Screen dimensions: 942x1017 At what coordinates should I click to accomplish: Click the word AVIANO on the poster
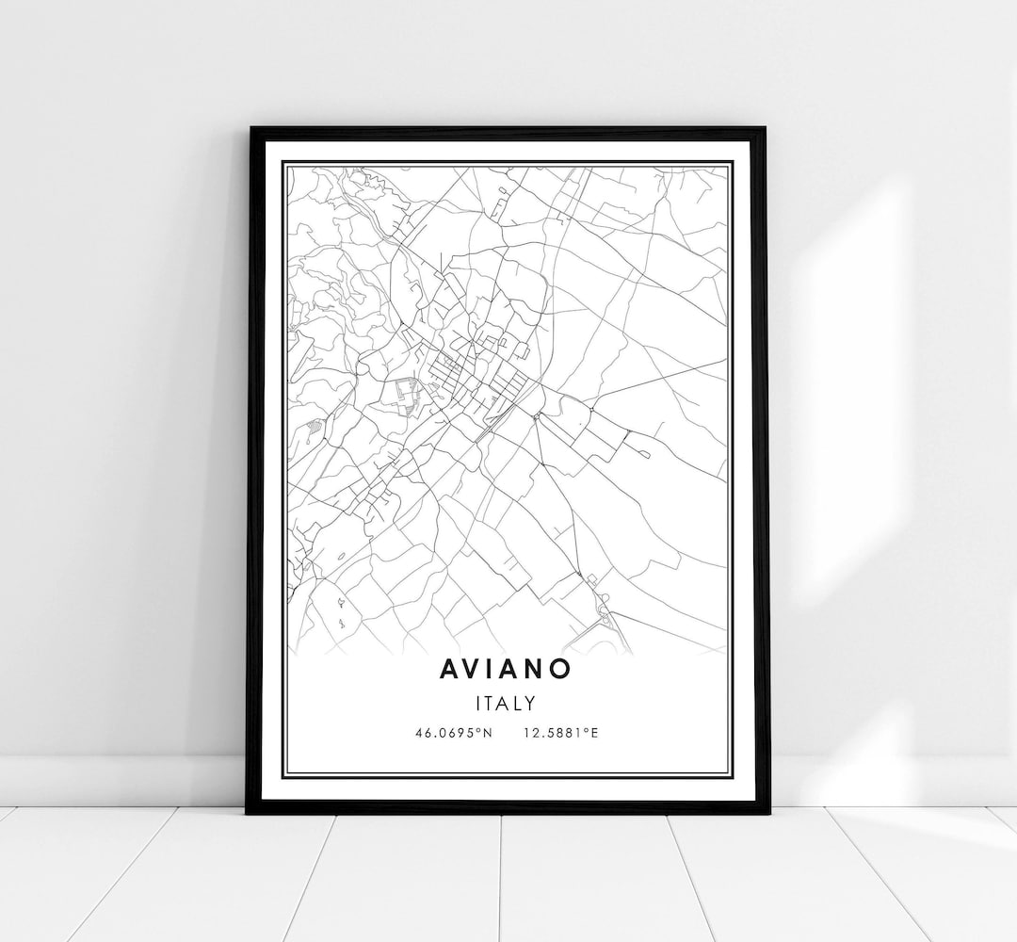(x=505, y=667)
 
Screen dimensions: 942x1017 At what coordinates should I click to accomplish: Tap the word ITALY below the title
(x=507, y=703)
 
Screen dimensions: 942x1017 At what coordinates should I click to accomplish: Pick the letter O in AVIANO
(x=560, y=667)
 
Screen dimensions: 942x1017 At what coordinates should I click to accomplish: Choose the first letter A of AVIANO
(x=450, y=667)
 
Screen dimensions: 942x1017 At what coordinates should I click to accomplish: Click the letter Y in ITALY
(x=530, y=703)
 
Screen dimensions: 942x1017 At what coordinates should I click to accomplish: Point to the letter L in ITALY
(x=519, y=703)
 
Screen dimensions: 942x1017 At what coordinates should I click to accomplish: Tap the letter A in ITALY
(x=507, y=703)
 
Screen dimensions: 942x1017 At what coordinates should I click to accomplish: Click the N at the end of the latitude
(x=489, y=732)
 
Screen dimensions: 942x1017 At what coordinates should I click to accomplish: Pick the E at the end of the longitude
(x=594, y=732)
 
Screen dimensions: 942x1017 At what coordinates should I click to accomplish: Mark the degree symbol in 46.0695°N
(x=481, y=729)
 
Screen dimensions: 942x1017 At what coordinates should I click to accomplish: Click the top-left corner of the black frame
(x=249, y=127)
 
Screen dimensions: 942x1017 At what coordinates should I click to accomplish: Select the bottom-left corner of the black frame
(x=247, y=812)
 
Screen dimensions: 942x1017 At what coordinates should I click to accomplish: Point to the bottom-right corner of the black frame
(x=768, y=813)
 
